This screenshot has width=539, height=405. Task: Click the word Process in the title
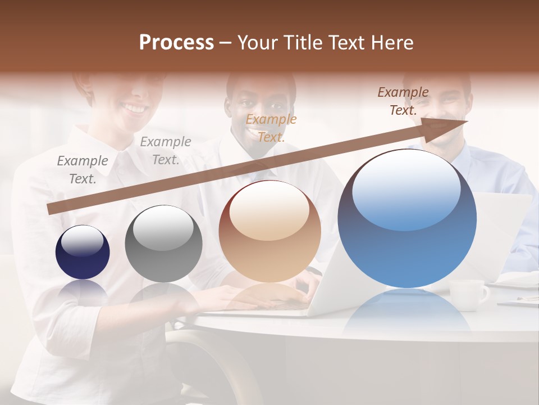coord(176,43)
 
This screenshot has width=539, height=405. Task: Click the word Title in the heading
coord(303,43)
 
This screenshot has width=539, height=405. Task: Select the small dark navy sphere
coord(83,253)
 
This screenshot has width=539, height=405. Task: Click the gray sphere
coord(163,244)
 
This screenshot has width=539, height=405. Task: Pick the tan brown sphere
coord(269,231)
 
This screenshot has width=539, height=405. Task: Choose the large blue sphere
coord(407,218)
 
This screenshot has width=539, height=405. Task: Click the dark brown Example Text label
coord(403,101)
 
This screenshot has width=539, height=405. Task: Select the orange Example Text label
coord(271,128)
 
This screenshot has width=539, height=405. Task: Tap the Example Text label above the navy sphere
coord(83,169)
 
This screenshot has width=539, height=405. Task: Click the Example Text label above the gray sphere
coord(166,150)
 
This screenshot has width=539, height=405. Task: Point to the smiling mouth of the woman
coord(134,107)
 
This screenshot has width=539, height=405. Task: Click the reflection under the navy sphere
coord(83,290)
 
